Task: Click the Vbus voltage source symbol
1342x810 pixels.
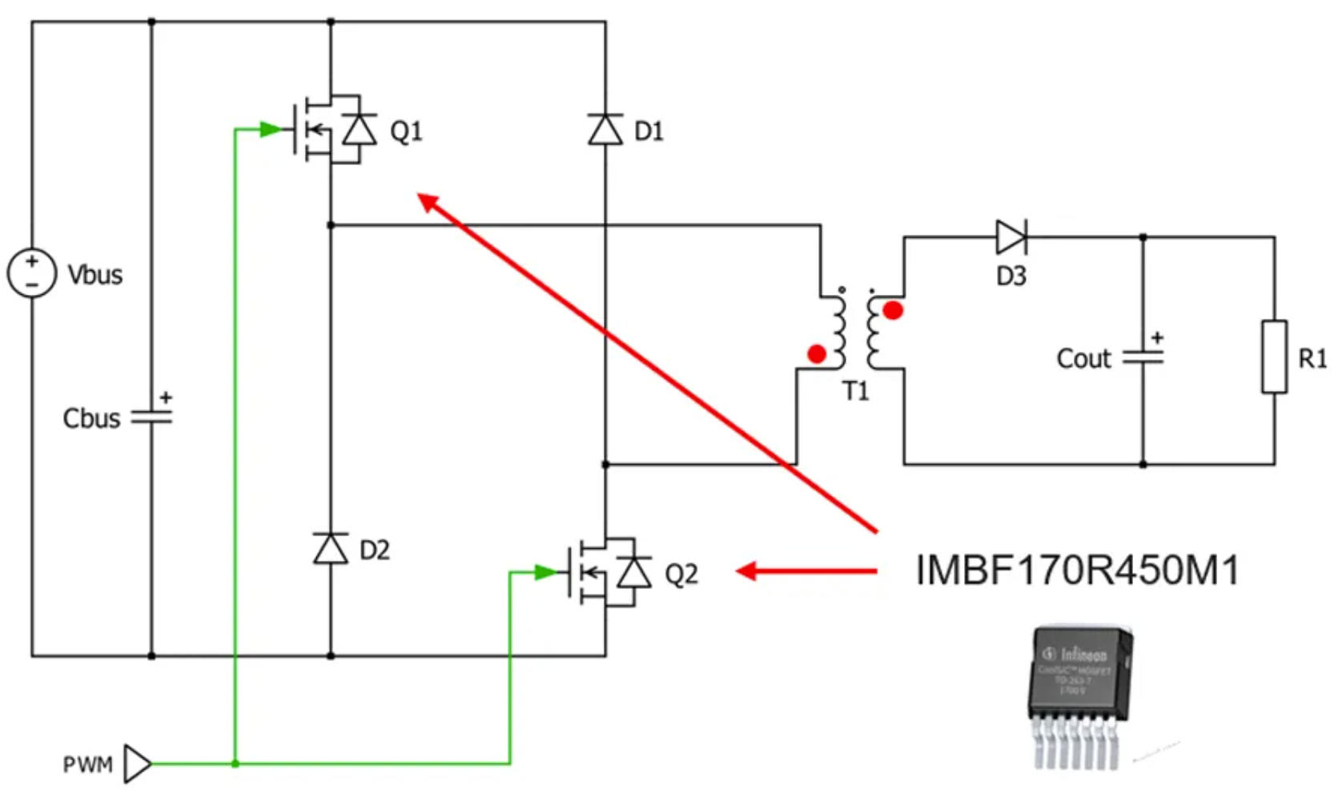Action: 32,273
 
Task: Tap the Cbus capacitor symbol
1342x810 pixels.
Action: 151,417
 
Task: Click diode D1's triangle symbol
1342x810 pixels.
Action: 605,129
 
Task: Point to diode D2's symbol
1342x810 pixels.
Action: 331,549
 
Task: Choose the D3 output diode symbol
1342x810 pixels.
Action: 1011,237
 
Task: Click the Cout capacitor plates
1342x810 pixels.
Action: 1143,357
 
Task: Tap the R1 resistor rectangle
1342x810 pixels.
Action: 1274,357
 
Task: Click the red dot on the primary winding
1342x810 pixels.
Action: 817,353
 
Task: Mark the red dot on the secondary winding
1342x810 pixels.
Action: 893,310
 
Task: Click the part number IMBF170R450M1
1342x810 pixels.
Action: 1077,570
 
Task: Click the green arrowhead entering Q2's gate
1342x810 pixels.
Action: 546,572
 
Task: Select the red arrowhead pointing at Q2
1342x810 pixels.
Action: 746,571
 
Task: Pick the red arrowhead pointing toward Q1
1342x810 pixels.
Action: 428,202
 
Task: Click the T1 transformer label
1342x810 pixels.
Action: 855,391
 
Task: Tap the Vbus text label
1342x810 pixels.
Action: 95,275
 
